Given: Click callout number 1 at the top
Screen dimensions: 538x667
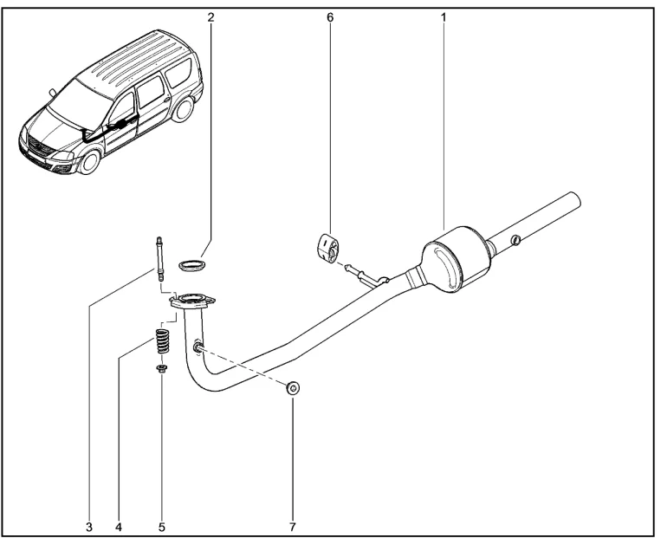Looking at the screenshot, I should pyautogui.click(x=444, y=16).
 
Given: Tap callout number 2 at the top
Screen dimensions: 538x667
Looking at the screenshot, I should pyautogui.click(x=210, y=16).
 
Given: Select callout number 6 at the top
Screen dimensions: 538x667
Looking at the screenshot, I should pyautogui.click(x=329, y=16).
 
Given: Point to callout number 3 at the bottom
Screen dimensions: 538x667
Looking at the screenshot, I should pyautogui.click(x=88, y=524).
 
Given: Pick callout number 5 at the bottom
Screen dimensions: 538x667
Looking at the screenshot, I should pyautogui.click(x=162, y=524).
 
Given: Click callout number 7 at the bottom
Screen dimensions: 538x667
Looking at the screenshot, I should pyautogui.click(x=292, y=524).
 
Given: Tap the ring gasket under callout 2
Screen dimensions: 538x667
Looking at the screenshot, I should pyautogui.click(x=193, y=263).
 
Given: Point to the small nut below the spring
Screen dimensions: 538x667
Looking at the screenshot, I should pyautogui.click(x=162, y=370).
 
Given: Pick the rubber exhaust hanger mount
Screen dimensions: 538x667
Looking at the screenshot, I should pyautogui.click(x=325, y=246).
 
